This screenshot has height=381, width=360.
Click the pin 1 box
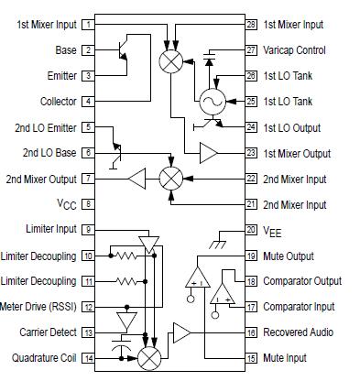pos(87,25)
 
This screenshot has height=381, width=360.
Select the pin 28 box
pos(251,25)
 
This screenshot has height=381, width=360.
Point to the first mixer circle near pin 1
pos(169,62)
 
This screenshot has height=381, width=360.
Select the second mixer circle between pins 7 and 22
pos(169,178)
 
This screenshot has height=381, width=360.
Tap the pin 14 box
pos(87,357)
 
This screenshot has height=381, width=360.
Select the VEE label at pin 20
pos(272,230)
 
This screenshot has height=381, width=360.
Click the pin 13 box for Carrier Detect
pos(87,332)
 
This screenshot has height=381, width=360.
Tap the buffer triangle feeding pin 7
pos(138,178)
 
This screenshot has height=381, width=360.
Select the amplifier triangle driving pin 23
pos(209,152)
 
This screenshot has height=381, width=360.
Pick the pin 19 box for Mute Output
pos(251,256)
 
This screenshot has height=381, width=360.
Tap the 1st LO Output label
pos(295,126)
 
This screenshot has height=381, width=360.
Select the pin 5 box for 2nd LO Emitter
pos(87,127)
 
